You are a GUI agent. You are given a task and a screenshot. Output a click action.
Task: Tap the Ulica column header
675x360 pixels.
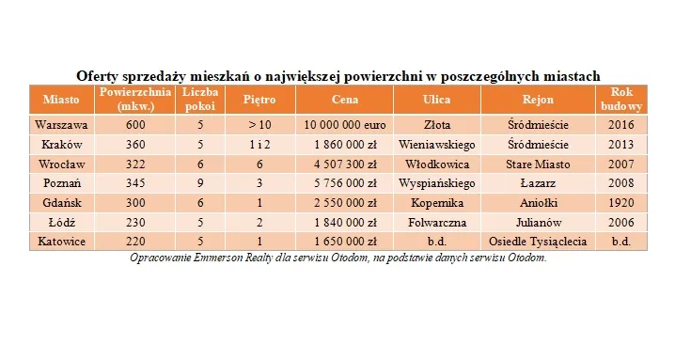click(x=436, y=99)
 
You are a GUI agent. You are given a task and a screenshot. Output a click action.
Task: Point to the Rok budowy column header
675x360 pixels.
click(x=620, y=99)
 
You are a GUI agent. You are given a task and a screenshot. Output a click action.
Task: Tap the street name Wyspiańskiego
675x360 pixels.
click(x=436, y=183)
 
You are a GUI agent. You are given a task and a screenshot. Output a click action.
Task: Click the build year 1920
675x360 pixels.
click(x=620, y=203)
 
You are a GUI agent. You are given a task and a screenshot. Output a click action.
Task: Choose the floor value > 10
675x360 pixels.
click(x=259, y=124)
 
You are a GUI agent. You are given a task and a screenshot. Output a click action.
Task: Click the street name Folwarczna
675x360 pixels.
click(x=436, y=223)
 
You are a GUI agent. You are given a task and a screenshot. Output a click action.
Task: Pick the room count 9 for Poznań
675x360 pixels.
click(x=200, y=183)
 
